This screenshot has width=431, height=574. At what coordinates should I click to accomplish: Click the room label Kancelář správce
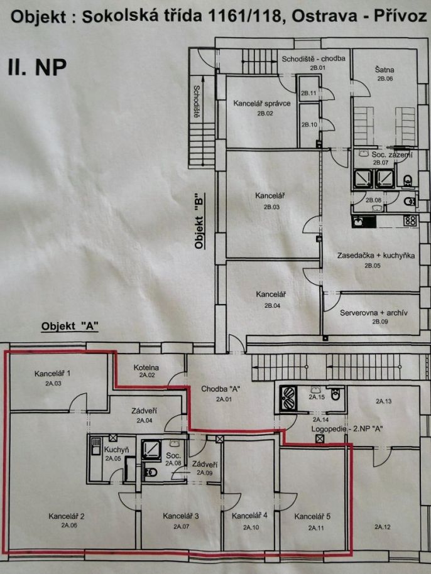click(x=262, y=104)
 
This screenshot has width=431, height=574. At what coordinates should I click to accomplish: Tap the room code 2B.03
click(x=271, y=207)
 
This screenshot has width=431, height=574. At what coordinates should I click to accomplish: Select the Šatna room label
click(x=385, y=70)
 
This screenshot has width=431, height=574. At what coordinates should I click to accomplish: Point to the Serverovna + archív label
click(x=373, y=313)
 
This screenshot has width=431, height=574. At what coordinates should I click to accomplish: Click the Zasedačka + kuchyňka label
click(x=376, y=256)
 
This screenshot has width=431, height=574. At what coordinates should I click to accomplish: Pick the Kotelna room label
click(x=146, y=367)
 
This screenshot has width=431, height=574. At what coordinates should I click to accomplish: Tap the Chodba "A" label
click(x=221, y=389)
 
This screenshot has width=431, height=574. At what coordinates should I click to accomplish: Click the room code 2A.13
click(x=383, y=401)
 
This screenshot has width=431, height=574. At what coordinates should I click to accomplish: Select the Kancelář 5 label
click(x=312, y=516)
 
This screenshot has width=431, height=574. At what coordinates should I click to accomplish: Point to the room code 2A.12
click(x=382, y=527)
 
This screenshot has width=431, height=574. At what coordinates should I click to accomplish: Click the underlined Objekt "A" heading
click(x=70, y=326)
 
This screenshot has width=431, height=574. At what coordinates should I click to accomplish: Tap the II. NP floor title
click(x=37, y=67)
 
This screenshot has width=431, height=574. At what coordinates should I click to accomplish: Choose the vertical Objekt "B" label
click(x=199, y=222)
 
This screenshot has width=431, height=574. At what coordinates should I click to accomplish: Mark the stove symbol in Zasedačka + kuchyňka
click(x=410, y=220)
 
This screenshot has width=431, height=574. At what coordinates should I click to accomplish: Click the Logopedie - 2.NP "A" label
click(x=347, y=429)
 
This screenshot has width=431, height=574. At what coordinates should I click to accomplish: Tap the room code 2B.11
click(x=308, y=93)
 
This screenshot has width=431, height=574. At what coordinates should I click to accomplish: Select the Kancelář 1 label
click(x=52, y=374)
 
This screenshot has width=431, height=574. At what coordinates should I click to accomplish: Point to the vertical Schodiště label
click(x=196, y=101)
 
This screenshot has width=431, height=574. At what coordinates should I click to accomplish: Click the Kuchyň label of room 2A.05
click(x=116, y=450)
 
